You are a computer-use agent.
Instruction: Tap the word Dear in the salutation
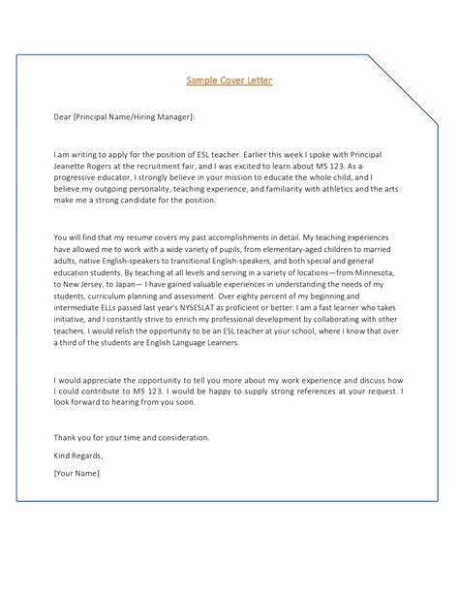click(x=63, y=116)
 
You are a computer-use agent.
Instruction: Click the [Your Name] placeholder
click(x=80, y=474)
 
